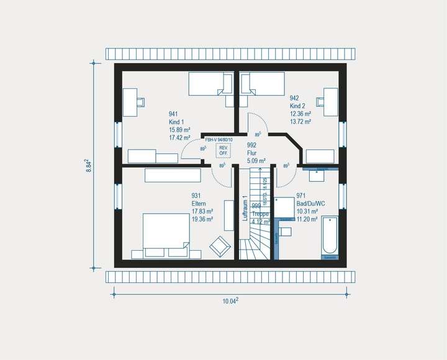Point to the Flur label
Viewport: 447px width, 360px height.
click(252, 152)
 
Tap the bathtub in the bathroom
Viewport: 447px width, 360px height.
click(330, 237)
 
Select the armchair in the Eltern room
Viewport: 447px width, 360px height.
click(219, 246)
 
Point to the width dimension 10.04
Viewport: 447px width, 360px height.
click(230, 301)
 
